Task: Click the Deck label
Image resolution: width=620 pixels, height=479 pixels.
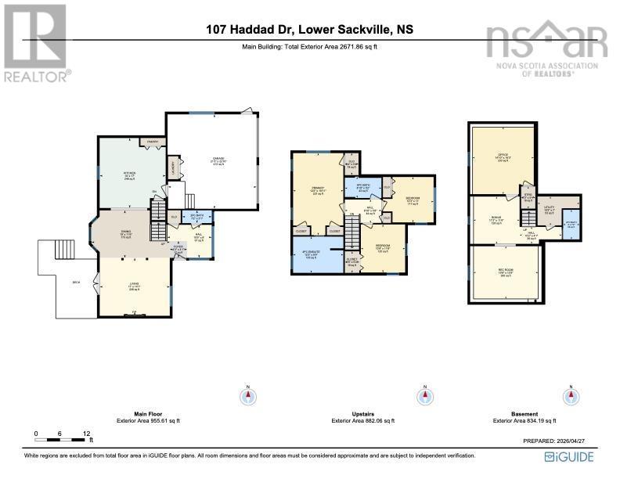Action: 76,283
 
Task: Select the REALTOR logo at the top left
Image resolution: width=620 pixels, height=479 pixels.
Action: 37,43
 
